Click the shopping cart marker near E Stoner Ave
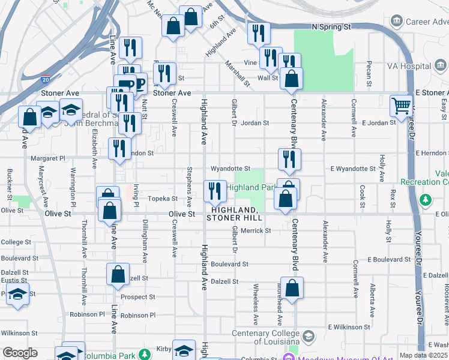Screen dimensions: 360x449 tap(400, 106)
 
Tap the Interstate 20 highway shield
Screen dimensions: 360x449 tap(46, 79)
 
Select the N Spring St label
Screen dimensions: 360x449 tap(331, 27)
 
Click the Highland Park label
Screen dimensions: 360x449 tap(251, 187)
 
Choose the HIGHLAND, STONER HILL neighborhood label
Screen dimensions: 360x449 tap(233, 213)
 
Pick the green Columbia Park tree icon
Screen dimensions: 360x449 tap(144, 355)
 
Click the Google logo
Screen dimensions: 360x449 tap(20, 353)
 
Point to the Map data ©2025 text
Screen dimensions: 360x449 tap(423, 355)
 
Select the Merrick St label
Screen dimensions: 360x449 tap(256, 230)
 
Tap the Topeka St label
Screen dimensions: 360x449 tap(164, 198)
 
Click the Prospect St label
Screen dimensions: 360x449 tap(137, 297)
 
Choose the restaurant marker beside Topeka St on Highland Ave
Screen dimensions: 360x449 tap(215, 192)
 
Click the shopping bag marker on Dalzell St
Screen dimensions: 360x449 tap(118, 275)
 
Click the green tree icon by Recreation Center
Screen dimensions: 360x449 tap(426, 199)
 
